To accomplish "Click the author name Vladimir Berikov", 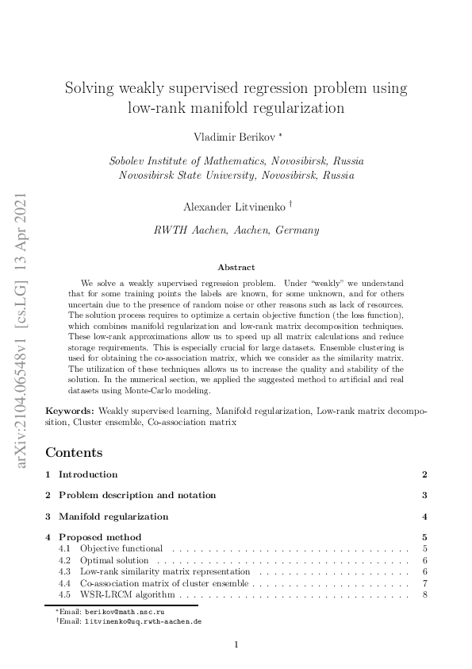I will (x=232, y=137).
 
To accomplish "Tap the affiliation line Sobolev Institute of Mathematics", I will (x=236, y=160).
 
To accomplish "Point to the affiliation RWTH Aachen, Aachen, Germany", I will (x=236, y=230).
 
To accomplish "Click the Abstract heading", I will (x=236, y=268).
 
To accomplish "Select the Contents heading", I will (x=74, y=452).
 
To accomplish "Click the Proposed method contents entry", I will (x=100, y=537).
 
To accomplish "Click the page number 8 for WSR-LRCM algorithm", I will (x=425, y=594).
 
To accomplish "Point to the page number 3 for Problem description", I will (x=425, y=495).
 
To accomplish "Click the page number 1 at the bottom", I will (x=236, y=644).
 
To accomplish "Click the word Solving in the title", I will (x=90, y=87).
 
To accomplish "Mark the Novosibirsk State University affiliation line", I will (x=236, y=175).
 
